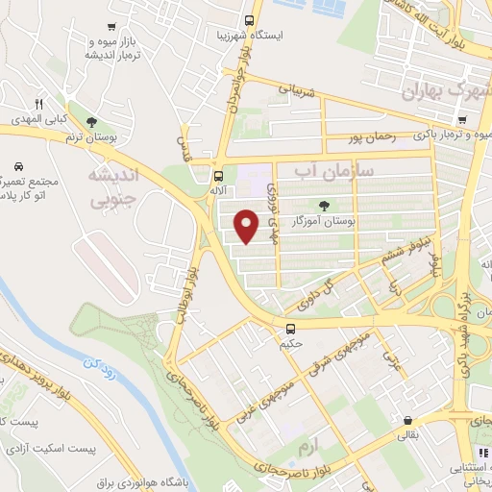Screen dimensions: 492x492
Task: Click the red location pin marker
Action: click(x=248, y=226)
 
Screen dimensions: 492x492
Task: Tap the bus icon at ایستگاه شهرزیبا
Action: click(x=250, y=19)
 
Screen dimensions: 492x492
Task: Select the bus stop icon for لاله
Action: click(x=219, y=175)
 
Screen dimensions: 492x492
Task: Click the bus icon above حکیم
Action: click(x=288, y=327)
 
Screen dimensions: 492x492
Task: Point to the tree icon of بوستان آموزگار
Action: click(x=324, y=204)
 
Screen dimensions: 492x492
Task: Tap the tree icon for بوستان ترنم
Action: click(x=91, y=122)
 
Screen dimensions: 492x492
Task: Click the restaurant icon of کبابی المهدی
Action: click(x=38, y=103)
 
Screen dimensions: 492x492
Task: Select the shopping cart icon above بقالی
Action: click(x=409, y=420)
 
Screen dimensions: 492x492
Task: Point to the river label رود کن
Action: click(x=102, y=372)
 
